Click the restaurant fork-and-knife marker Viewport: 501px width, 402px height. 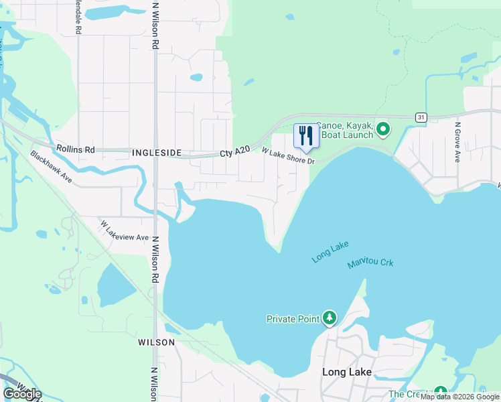tap(306, 136)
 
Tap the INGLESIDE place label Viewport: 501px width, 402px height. tap(156, 153)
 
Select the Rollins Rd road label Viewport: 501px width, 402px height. tap(76, 149)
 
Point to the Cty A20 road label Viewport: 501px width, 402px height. tap(234, 153)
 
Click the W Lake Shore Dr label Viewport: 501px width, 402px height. tap(288, 155)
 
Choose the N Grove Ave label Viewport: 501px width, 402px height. tap(458, 142)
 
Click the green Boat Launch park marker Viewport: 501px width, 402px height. tap(382, 128)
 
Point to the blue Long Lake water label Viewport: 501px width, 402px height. tap(330, 252)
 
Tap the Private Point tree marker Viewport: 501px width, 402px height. tap(329, 318)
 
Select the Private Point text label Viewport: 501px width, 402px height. tap(293, 319)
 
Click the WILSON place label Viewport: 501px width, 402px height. tap(156, 342)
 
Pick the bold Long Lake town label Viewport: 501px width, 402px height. tap(346, 372)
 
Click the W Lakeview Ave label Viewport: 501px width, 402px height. tap(125, 230)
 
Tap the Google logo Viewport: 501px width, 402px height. tap(22, 393)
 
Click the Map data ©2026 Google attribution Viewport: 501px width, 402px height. tap(460, 397)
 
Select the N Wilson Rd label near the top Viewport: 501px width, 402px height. tap(155, 25)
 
